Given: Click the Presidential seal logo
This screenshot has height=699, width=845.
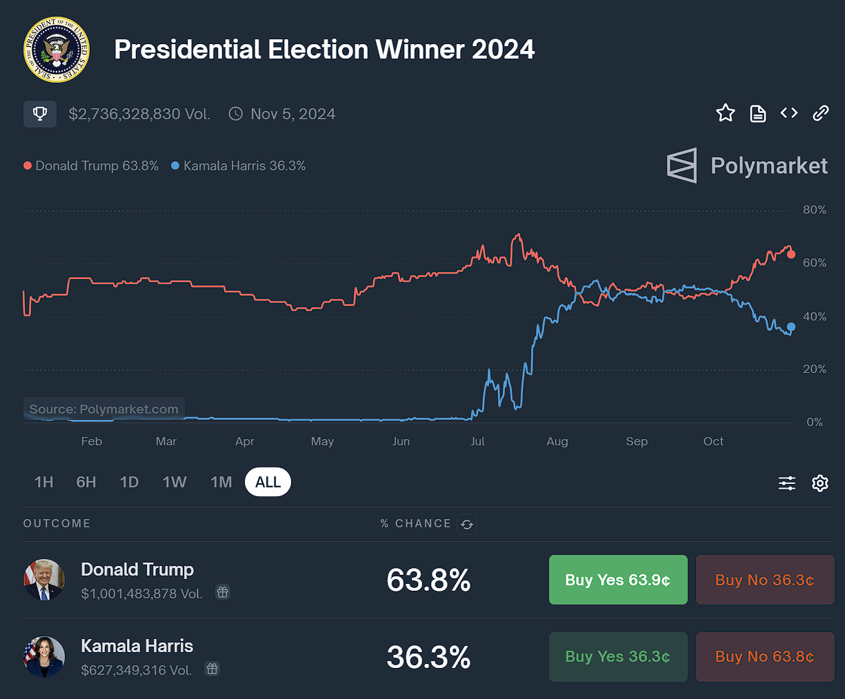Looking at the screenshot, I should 56,50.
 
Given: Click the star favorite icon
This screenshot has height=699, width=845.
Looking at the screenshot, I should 725,113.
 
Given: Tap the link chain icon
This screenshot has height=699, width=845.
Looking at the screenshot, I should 820,113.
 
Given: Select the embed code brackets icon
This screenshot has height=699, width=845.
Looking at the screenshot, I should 789,113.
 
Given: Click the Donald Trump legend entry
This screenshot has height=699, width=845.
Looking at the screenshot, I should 91,166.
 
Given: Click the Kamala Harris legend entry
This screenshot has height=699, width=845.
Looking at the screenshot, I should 239,166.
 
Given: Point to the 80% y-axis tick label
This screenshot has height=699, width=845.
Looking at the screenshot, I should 814,210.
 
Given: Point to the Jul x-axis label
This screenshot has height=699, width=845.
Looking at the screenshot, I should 477,441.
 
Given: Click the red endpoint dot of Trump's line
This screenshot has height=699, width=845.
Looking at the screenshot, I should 791,254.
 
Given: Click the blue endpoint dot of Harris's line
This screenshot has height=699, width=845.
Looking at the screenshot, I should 791,327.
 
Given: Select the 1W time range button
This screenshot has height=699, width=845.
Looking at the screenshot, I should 175,482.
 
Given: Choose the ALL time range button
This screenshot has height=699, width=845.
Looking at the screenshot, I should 268,482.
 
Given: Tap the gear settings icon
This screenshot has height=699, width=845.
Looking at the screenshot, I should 819,483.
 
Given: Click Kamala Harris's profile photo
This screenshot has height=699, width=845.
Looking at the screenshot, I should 44,656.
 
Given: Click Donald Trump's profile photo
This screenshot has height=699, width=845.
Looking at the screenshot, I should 44,580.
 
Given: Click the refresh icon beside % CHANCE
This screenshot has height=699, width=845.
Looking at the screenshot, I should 467,525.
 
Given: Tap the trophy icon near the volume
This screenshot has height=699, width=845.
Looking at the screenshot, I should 40,114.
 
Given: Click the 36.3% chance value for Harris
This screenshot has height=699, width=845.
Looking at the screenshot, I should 428,657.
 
